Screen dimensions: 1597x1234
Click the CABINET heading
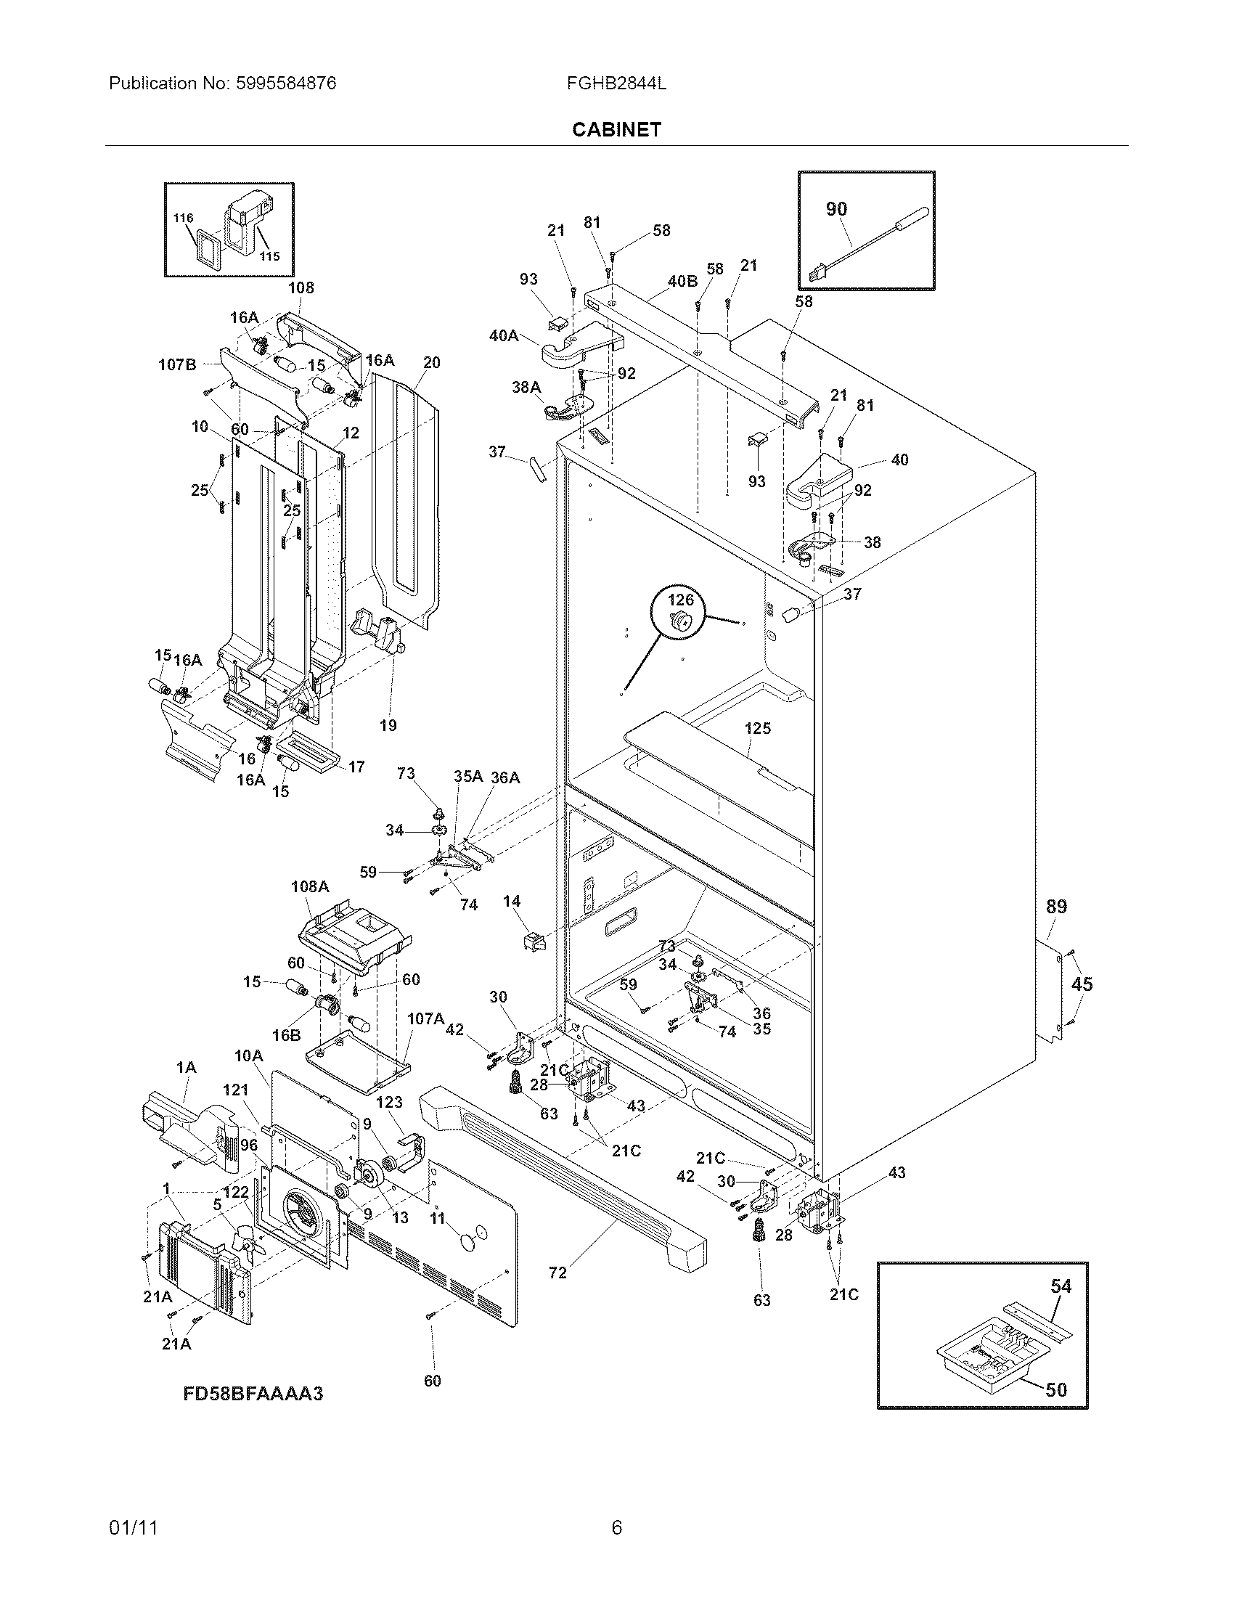tap(616, 129)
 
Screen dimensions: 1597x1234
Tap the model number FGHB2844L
tap(616, 83)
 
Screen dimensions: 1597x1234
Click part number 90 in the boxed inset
tap(836, 209)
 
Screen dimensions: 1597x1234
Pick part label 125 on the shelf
tap(757, 728)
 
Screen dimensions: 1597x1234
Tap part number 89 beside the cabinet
tap(1056, 907)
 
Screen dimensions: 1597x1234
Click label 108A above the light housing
tap(310, 886)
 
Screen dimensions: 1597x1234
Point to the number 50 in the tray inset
tap(1055, 1389)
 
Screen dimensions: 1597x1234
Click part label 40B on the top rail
tap(682, 280)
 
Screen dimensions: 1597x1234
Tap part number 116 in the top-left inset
tap(184, 218)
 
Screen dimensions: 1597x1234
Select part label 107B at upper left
tap(178, 364)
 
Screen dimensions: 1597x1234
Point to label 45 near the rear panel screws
tap(1082, 984)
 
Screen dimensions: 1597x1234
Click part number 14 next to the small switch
tap(511, 902)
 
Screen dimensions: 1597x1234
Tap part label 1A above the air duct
tap(187, 1069)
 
